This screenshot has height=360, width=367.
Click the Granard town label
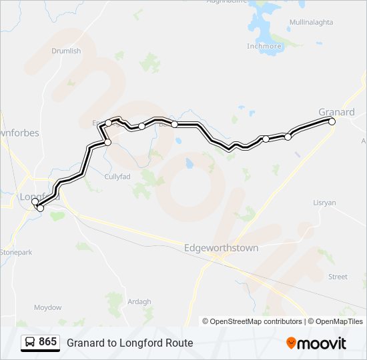[x=336, y=112]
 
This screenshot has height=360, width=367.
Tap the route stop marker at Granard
[x=332, y=121]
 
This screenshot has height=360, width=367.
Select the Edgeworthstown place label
[x=221, y=248]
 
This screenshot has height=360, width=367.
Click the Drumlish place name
[x=66, y=51]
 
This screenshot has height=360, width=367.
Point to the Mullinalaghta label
[x=311, y=23]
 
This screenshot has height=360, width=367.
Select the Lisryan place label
[x=325, y=202]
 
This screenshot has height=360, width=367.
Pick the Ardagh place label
[x=139, y=301]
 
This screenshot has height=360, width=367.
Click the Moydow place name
[x=48, y=307]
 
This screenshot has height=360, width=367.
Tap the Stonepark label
[x=16, y=253]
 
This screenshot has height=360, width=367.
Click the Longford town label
[x=40, y=197]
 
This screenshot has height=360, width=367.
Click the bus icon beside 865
[x=30, y=342]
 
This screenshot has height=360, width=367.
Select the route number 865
[x=47, y=342]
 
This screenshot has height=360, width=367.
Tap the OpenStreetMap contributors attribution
[x=252, y=321]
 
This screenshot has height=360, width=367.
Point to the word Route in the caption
[x=179, y=343]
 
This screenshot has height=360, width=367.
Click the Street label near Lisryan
[x=338, y=277]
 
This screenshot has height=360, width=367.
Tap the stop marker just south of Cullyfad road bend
[x=107, y=142]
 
